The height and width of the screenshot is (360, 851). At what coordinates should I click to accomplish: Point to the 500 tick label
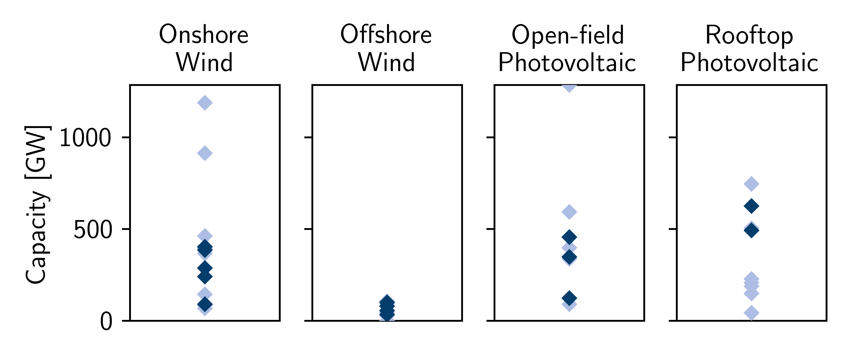[x=93, y=229]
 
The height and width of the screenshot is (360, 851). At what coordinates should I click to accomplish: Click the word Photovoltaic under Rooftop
[x=749, y=62]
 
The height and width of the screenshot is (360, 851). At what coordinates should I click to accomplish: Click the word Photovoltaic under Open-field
[x=567, y=62]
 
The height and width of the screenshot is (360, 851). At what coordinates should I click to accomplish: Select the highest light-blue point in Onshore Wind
[x=205, y=103]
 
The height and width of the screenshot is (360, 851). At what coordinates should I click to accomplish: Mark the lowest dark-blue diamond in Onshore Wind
[x=205, y=304]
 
